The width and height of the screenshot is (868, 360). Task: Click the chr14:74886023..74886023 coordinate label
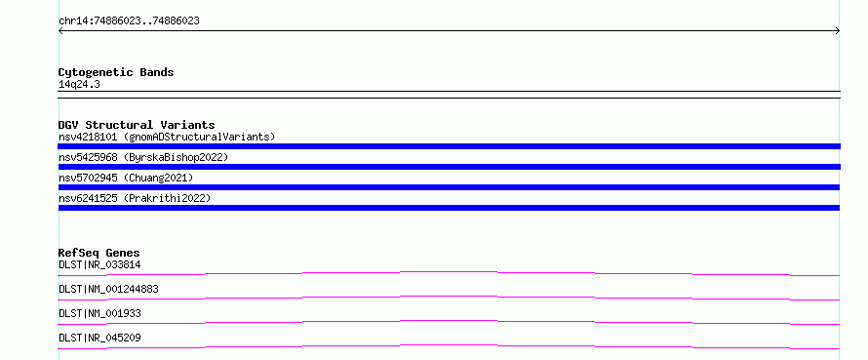[x=129, y=21]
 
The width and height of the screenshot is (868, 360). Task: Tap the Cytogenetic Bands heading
[x=116, y=72]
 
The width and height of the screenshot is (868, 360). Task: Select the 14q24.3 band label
[x=79, y=85]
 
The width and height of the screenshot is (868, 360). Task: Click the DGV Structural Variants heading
[x=137, y=125]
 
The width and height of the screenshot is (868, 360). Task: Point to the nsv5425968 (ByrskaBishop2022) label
[x=143, y=157]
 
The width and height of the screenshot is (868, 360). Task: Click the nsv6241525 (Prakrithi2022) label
[x=135, y=198]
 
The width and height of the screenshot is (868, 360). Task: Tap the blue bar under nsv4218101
[x=449, y=146]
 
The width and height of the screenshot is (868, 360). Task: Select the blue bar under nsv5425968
[x=449, y=167]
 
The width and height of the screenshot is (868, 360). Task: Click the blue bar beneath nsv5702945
[x=449, y=187]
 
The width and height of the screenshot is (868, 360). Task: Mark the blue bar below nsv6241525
[x=449, y=208]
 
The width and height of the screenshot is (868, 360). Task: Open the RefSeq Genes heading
[x=99, y=253]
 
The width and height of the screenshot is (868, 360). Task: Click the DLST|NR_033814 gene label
[x=99, y=264]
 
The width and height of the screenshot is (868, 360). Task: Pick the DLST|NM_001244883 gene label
[x=108, y=289]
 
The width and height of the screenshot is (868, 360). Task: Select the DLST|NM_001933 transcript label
[x=99, y=313]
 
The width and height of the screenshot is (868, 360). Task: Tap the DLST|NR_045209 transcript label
[x=99, y=338]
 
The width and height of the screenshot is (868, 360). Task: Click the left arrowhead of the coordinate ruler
[x=59, y=31]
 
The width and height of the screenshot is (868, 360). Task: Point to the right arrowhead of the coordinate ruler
[x=839, y=31]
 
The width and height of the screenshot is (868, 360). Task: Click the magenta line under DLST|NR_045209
[x=449, y=345]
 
